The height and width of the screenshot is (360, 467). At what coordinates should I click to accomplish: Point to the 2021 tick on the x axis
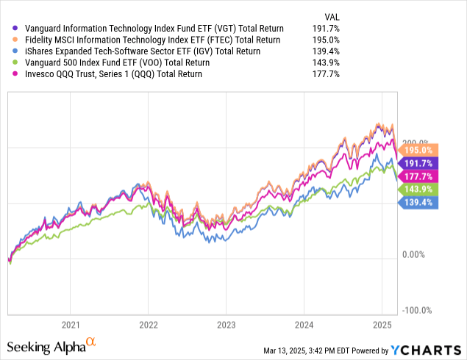pyautogui.click(x=71, y=324)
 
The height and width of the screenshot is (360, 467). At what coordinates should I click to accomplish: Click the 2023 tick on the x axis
pyautogui.click(x=227, y=324)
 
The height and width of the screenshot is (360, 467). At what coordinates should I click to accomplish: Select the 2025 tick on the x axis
pyautogui.click(x=382, y=324)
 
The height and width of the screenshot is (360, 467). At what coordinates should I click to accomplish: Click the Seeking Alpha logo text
pyautogui.click(x=47, y=345)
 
